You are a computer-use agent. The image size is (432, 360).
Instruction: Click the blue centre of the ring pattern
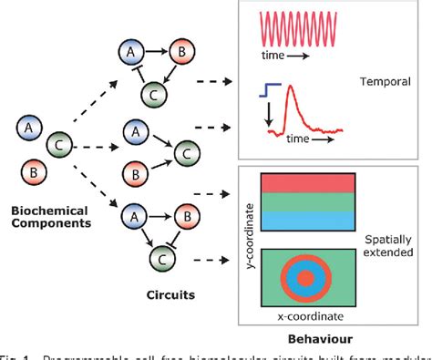pos(312,276)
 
